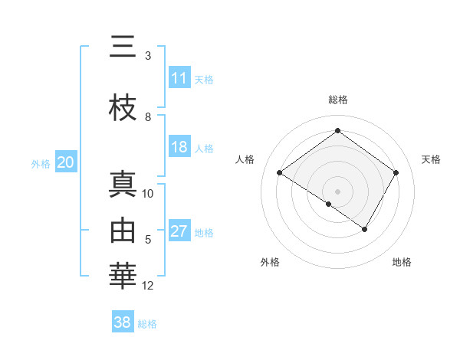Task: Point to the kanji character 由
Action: pos(123,231)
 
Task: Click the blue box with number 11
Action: pos(179,78)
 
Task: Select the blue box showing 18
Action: pos(179,147)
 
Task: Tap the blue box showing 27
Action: pos(179,231)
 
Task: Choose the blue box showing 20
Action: pos(65,162)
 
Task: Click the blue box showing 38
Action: pos(123,322)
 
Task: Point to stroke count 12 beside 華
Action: pos(148,286)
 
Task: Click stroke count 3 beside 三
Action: pos(148,56)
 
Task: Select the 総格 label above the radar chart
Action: pos(337,100)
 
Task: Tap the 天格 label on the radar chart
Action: pos(431,159)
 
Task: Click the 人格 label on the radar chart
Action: pos(245,159)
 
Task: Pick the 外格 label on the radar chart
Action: pos(270,262)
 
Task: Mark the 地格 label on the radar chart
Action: pos(402,262)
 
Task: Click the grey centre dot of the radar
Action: pos(337,191)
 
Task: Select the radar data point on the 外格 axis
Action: pos(329,204)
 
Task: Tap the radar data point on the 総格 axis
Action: pos(337,131)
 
